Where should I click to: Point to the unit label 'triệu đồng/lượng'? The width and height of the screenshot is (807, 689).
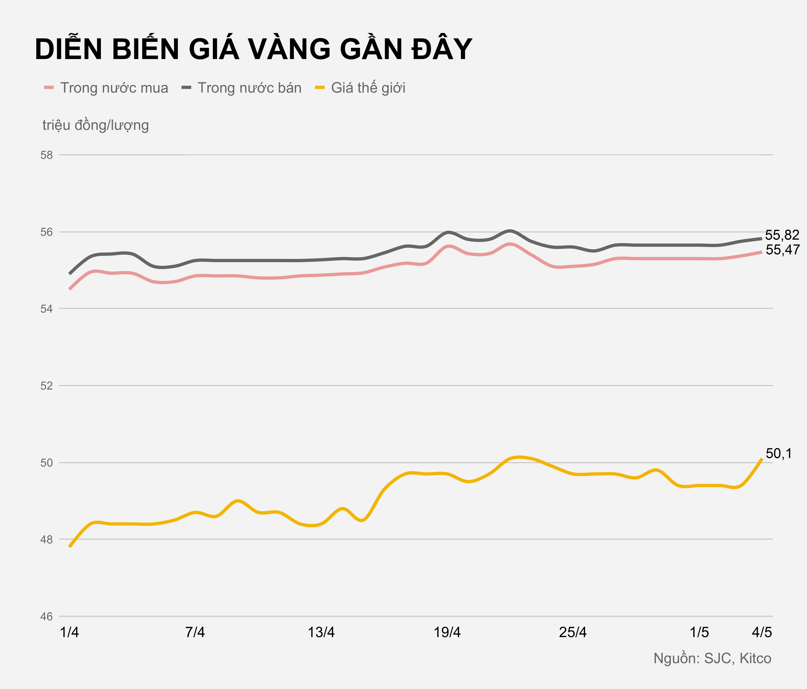pyautogui.click(x=95, y=125)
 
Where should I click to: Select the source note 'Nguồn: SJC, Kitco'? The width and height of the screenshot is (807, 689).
pyautogui.click(x=712, y=658)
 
